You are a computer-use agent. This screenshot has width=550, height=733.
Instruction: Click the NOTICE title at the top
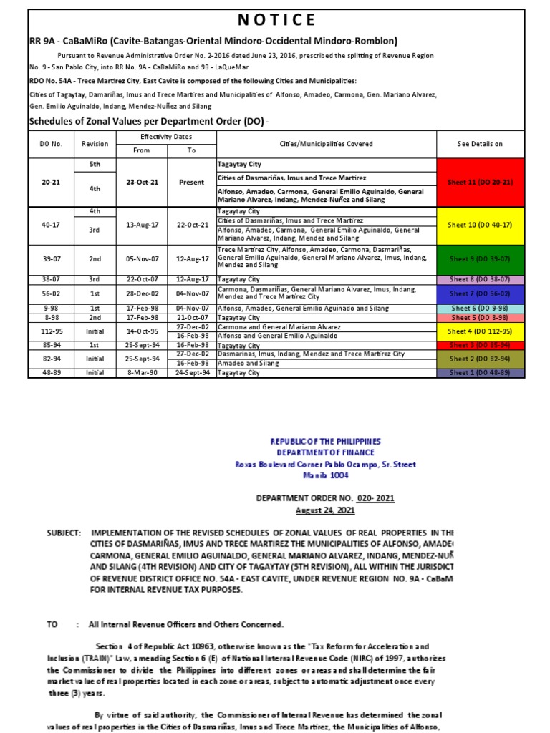(276, 19)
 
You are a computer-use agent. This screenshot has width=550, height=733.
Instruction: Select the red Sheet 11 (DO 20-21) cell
(480, 182)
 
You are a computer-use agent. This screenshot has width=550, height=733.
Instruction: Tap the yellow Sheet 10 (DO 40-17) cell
(480, 225)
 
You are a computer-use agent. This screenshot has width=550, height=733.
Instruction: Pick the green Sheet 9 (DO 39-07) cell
(480, 258)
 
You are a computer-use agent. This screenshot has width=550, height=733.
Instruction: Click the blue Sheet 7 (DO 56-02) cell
(480, 293)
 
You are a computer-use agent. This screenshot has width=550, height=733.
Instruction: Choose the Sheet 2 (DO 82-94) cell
(480, 358)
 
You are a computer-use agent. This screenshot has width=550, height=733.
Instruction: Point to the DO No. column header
(51, 144)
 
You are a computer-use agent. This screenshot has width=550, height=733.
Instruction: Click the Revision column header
(95, 144)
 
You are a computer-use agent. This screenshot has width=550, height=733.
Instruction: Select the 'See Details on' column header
(480, 144)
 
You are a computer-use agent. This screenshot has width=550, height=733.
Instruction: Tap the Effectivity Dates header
(166, 136)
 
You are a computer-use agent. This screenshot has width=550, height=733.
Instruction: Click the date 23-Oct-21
(142, 182)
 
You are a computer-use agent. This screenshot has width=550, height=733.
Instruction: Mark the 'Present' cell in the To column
(191, 182)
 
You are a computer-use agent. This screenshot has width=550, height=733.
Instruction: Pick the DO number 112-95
(51, 331)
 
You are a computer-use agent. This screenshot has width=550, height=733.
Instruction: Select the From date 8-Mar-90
(142, 373)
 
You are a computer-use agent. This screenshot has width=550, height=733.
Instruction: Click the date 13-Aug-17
(142, 224)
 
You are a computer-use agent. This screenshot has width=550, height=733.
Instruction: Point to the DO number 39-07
(51, 258)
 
